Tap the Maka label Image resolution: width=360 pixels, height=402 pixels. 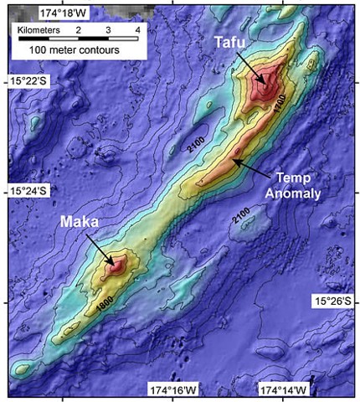coord(81,224)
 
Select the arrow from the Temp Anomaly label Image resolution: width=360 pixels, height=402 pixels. coord(253,165)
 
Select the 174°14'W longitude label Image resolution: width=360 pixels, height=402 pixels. coord(285,390)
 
